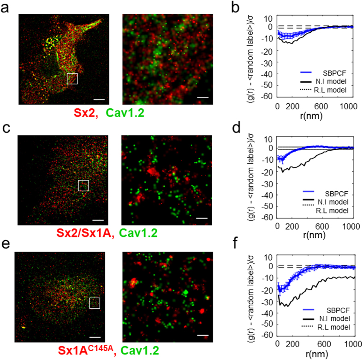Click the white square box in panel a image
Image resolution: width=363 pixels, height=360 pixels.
coord(73,79)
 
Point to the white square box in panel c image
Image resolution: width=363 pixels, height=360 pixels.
coord(83,185)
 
